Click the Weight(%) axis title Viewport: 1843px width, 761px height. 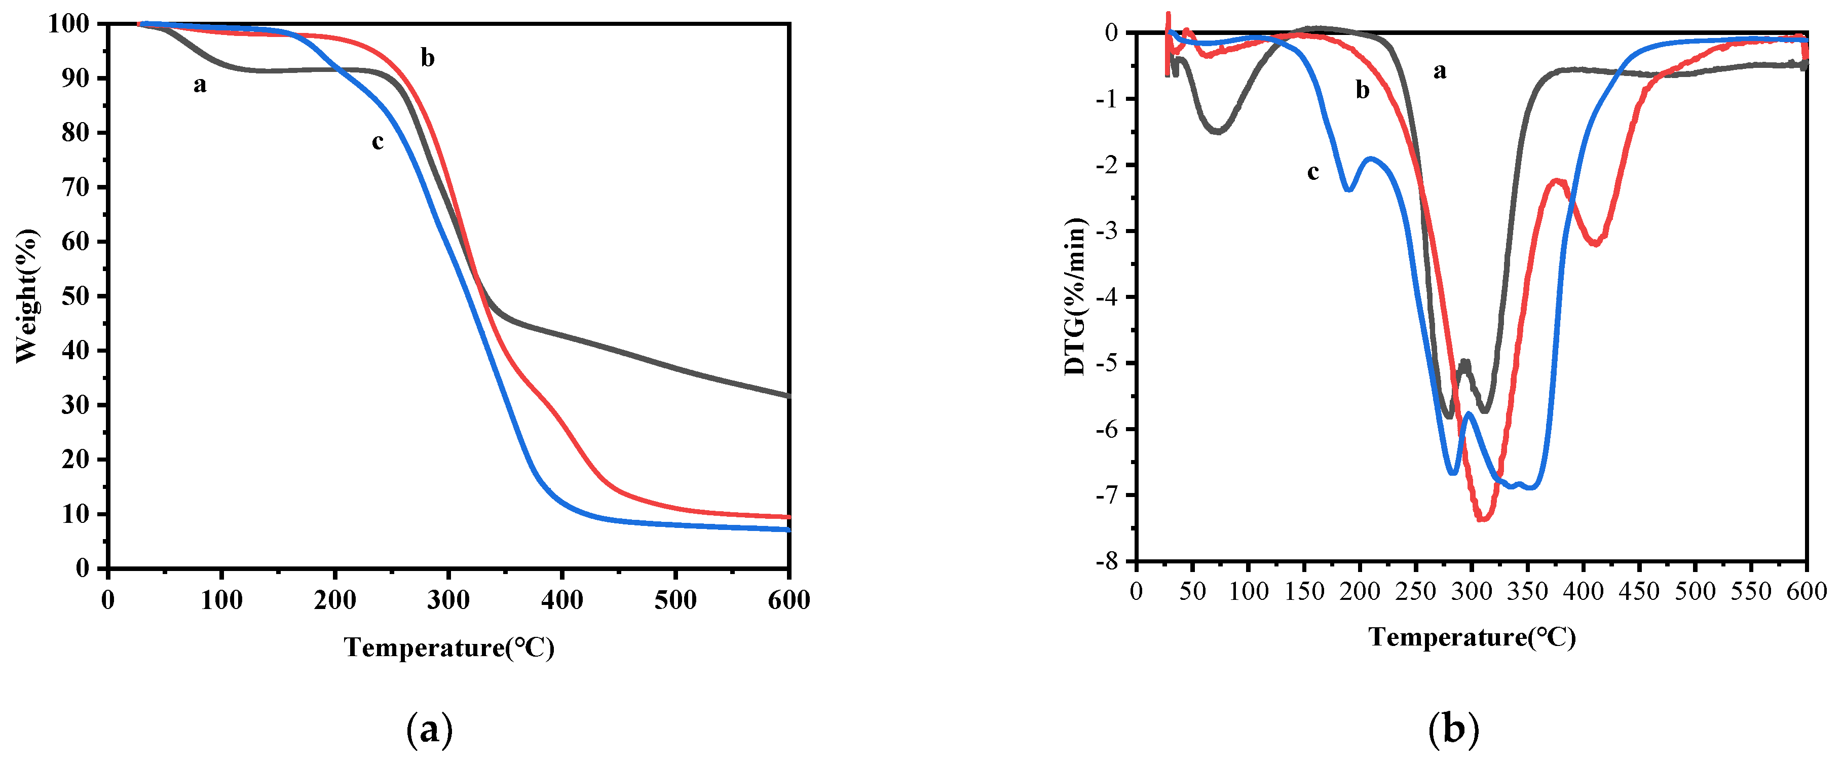point(26,295)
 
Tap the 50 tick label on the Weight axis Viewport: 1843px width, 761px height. point(74,296)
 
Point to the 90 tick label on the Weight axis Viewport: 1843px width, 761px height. point(74,78)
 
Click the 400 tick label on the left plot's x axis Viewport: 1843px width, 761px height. point(561,600)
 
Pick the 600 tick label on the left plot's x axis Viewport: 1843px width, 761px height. point(788,600)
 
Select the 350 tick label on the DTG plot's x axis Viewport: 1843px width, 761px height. point(1527,591)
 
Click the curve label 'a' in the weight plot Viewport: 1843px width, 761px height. point(200,85)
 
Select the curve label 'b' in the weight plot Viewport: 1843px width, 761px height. point(427,58)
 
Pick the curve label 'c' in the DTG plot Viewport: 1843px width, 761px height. point(1313,172)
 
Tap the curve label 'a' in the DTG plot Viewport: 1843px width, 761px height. point(1440,71)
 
